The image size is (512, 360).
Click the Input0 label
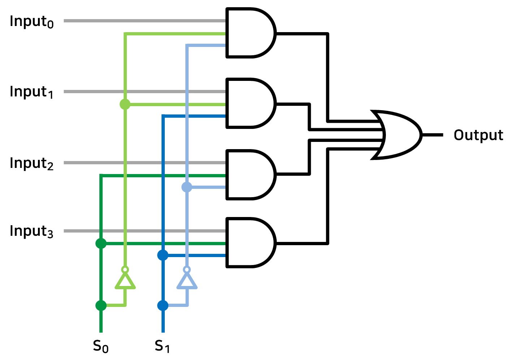coord(32,21)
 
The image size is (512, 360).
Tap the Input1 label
coord(32,92)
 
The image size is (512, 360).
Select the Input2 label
coord(32,163)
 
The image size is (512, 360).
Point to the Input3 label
coord(32,231)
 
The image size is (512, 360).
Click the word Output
coord(478,135)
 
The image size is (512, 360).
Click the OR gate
coord(397,135)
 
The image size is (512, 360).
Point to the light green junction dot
coord(125,104)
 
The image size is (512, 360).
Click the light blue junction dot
coord(187,187)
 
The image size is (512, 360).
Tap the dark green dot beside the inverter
coord(101,305)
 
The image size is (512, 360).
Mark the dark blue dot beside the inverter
coord(163,305)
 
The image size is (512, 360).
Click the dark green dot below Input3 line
coord(101,243)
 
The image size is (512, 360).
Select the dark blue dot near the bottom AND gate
coord(163,255)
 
